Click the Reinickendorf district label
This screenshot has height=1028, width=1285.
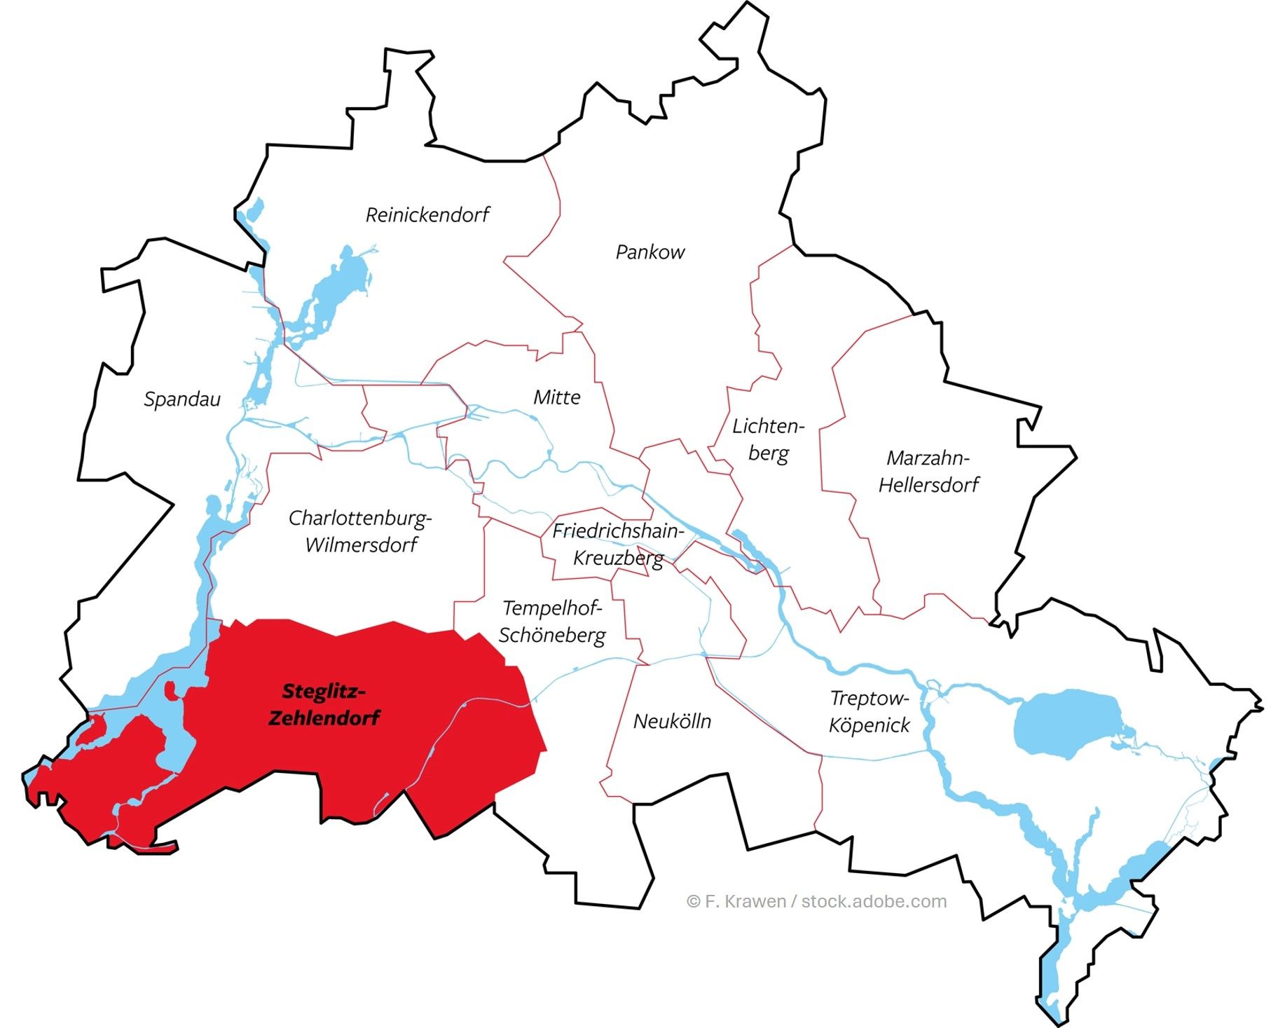pyautogui.click(x=427, y=214)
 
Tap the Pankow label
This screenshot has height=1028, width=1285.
pyautogui.click(x=650, y=252)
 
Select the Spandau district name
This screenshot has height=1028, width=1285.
pyautogui.click(x=182, y=399)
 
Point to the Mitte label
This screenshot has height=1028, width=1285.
pyautogui.click(x=557, y=397)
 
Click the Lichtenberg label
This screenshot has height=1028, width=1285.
pyautogui.click(x=768, y=439)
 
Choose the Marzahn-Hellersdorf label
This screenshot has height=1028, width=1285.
pyautogui.click(x=928, y=471)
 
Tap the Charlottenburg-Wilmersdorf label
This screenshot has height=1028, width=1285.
pyautogui.click(x=360, y=531)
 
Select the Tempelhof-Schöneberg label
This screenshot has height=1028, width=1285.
pyautogui.click(x=552, y=622)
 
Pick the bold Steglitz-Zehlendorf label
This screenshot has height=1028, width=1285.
pyautogui.click(x=324, y=704)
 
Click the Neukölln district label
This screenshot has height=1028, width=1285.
pyautogui.click(x=672, y=721)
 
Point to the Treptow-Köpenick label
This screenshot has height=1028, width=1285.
pyautogui.click(x=869, y=711)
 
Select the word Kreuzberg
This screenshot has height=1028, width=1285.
pyautogui.click(x=618, y=558)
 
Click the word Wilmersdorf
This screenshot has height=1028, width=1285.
pyautogui.click(x=362, y=544)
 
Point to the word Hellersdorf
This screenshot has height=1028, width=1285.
pyautogui.click(x=928, y=484)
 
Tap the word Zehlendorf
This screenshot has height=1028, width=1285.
pyautogui.click(x=324, y=718)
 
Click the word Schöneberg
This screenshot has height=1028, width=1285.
pyautogui.click(x=552, y=635)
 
